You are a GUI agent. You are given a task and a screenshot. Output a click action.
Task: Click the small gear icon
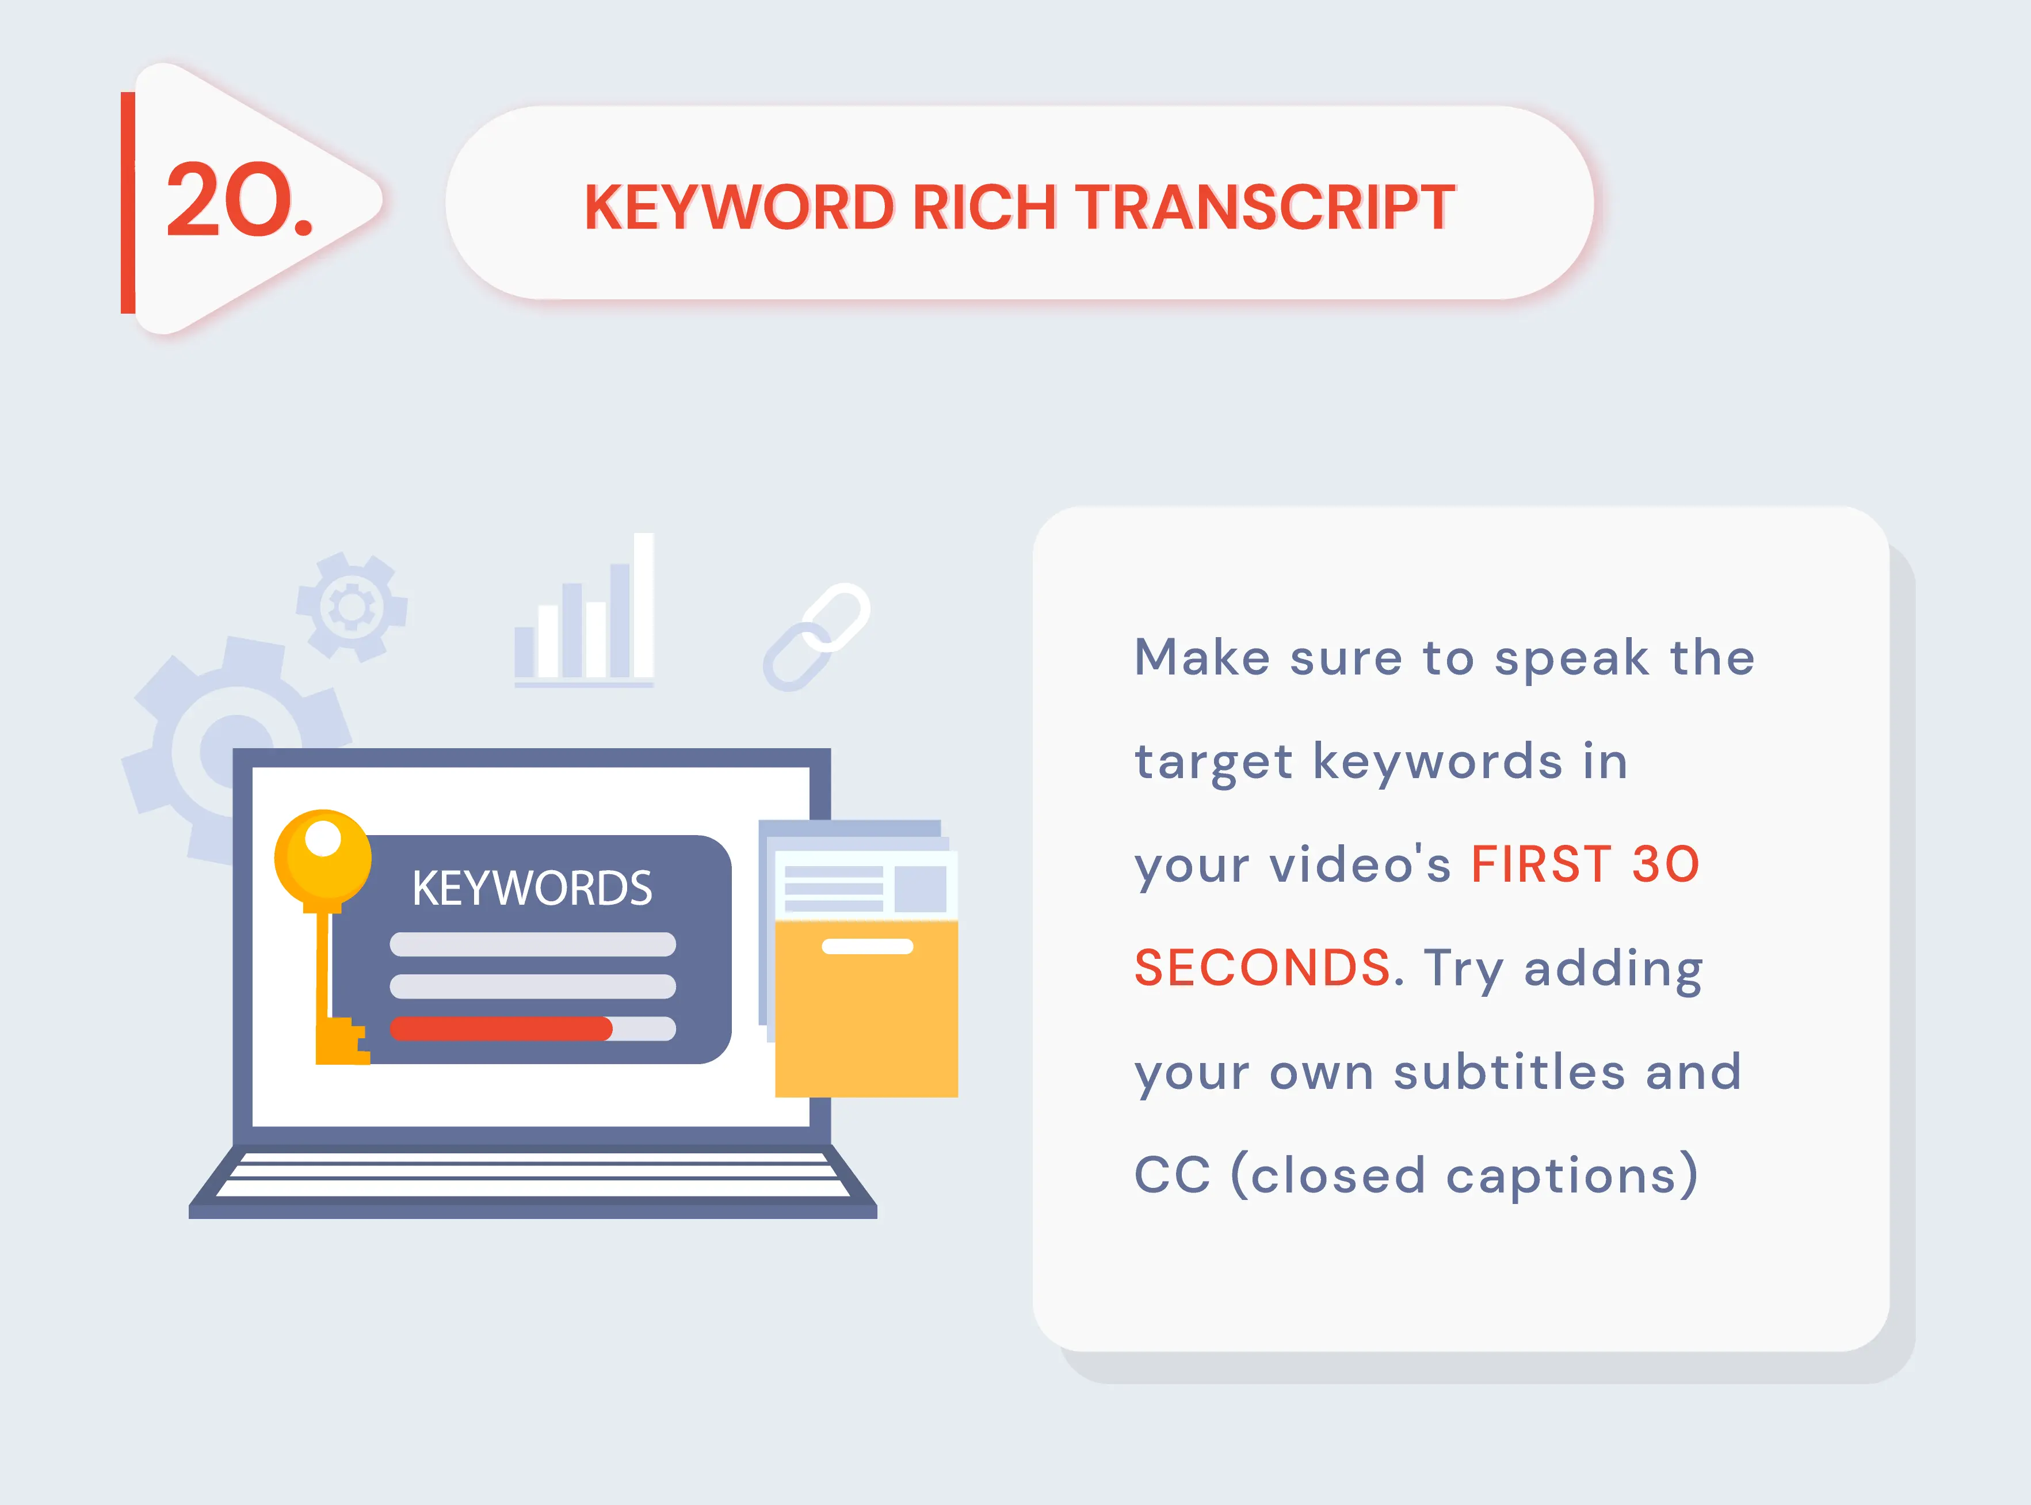352,606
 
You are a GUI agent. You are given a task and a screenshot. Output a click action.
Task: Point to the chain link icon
816,637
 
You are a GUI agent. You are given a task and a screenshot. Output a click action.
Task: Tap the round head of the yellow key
323,858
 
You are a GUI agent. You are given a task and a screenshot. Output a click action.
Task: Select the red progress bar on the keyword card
501,1028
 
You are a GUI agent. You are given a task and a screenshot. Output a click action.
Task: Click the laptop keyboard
533,1175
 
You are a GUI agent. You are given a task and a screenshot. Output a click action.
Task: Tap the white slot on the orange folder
867,947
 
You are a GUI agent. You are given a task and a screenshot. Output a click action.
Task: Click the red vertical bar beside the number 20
128,202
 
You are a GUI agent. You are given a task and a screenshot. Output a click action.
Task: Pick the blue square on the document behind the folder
920,888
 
